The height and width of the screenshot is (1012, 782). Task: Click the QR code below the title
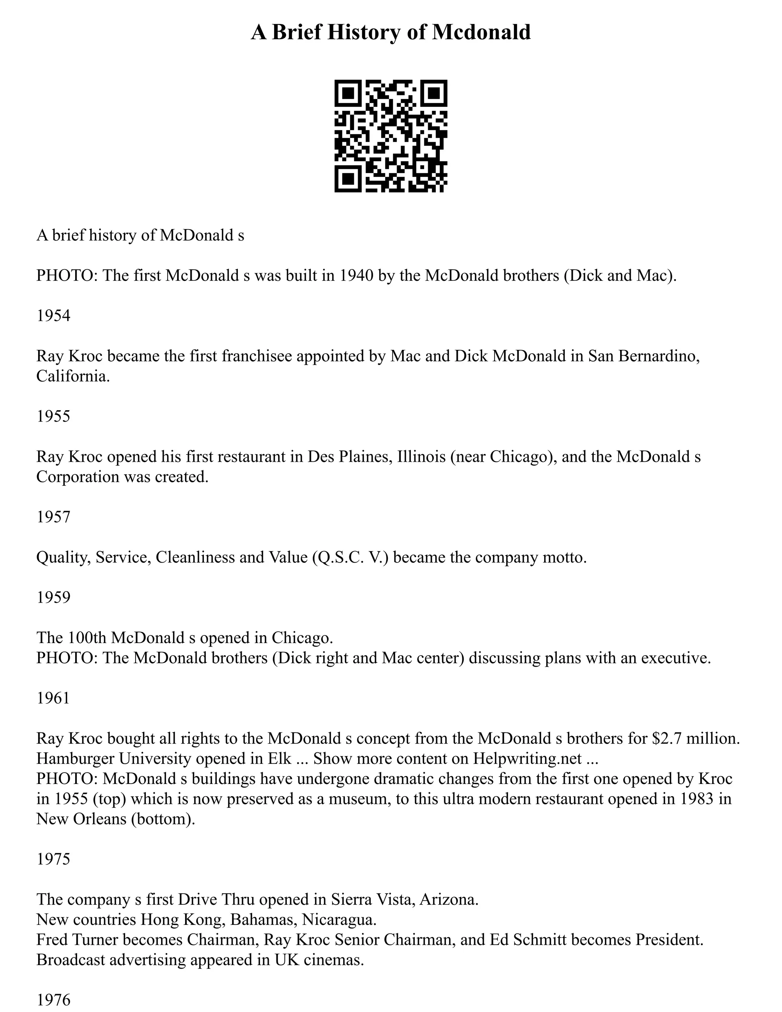click(x=391, y=136)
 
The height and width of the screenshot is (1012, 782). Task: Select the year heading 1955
click(x=53, y=416)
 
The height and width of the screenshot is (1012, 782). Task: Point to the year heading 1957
click(x=53, y=517)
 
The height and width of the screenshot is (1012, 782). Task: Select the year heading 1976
click(x=53, y=999)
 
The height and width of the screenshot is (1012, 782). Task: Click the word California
click(x=73, y=376)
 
